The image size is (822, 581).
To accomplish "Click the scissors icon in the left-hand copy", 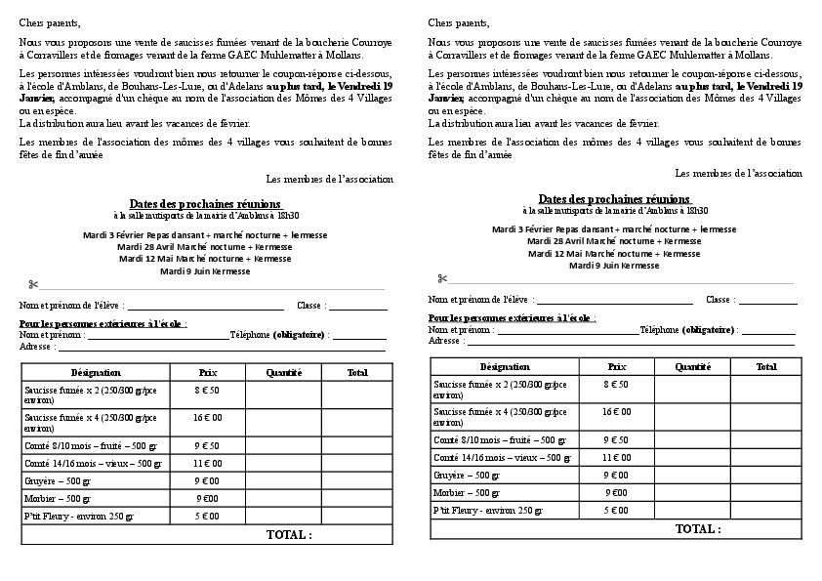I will tap(33, 285).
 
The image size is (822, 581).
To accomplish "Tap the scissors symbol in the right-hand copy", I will tap(442, 278).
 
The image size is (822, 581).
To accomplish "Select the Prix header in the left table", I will tap(207, 372).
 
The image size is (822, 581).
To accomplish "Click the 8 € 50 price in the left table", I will tap(207, 390).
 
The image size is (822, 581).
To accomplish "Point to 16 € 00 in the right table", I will tap(616, 411).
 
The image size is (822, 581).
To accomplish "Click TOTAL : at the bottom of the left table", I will tap(289, 535).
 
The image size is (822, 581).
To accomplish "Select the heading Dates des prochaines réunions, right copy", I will tap(615, 198).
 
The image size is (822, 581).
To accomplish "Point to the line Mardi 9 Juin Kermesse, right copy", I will tap(614, 266).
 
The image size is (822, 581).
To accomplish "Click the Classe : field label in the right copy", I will tap(720, 300).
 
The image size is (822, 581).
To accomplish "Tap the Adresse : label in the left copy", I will tap(36, 346).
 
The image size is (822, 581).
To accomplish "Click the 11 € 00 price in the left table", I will tap(207, 463).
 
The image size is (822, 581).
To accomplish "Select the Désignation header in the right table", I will tap(505, 366).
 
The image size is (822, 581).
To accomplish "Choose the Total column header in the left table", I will tap(357, 372).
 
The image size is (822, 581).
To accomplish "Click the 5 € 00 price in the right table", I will tap(616, 510).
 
